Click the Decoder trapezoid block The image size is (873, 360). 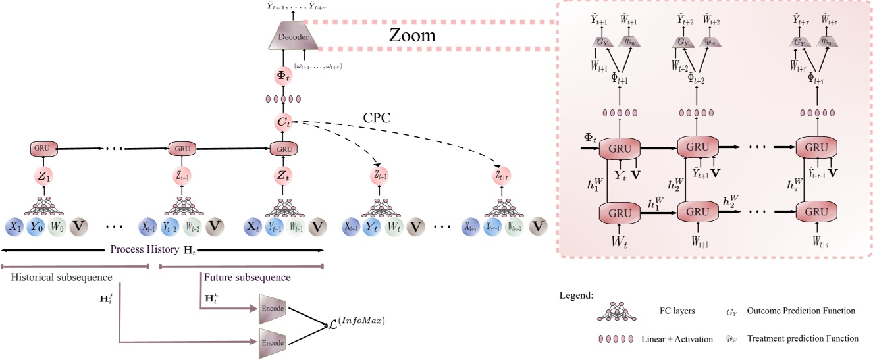coord(294,38)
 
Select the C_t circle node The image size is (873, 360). coord(284,123)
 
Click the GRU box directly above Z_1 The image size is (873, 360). coord(44,149)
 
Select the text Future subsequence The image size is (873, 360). coord(247,277)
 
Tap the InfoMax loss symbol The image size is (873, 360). coord(356,322)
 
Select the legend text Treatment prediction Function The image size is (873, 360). coord(805,338)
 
